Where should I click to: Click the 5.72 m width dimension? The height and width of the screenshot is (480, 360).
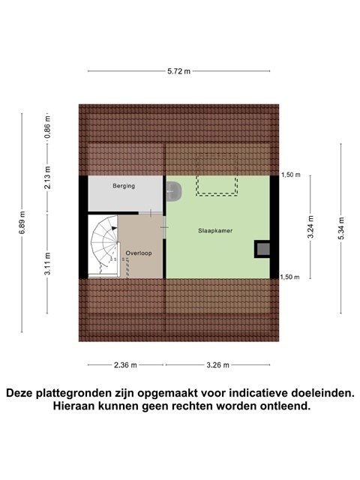178,71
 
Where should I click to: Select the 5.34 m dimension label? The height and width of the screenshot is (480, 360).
341,222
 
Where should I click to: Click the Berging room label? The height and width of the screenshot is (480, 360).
124,186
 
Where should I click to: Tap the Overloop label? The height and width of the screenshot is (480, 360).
139,253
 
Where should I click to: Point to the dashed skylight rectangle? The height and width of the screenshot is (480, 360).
217,174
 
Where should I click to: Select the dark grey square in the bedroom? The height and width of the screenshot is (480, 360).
262,249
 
